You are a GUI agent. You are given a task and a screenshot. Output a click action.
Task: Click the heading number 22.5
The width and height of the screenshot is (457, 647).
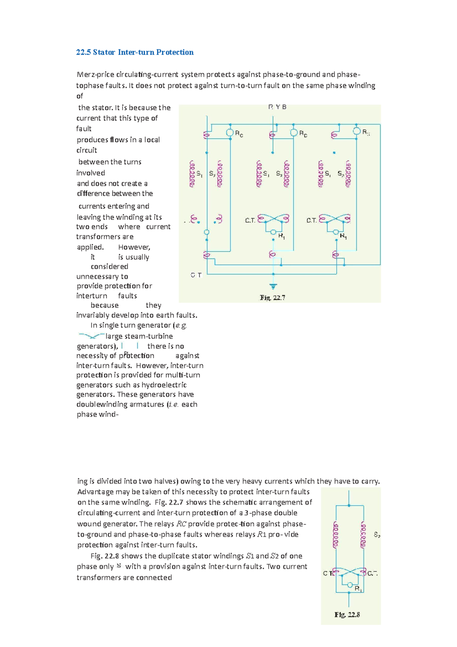coord(83,52)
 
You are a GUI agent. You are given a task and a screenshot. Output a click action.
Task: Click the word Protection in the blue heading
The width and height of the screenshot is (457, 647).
coord(175,52)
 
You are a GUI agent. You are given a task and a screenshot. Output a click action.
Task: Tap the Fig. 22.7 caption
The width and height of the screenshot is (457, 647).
coord(273,298)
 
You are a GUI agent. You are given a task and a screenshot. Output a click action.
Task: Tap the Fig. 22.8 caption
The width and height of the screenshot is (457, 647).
coord(347,614)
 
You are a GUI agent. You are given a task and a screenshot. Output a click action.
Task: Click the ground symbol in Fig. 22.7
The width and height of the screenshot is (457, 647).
coord(273,286)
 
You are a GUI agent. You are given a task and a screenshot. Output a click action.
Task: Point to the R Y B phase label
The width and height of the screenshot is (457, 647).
coord(277,107)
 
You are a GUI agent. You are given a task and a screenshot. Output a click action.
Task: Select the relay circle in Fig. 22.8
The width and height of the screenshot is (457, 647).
coord(349,585)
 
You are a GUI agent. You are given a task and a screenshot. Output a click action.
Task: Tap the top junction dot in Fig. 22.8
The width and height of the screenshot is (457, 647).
coord(349,506)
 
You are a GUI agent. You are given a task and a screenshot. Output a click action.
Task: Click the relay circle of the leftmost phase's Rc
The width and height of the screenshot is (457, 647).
coord(230,132)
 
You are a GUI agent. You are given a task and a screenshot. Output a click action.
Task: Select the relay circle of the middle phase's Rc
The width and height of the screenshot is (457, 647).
coord(294,132)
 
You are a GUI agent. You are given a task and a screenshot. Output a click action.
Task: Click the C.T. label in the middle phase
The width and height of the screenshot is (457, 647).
coord(250,221)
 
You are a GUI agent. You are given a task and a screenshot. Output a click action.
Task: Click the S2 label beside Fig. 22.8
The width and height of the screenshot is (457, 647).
coord(377,535)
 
